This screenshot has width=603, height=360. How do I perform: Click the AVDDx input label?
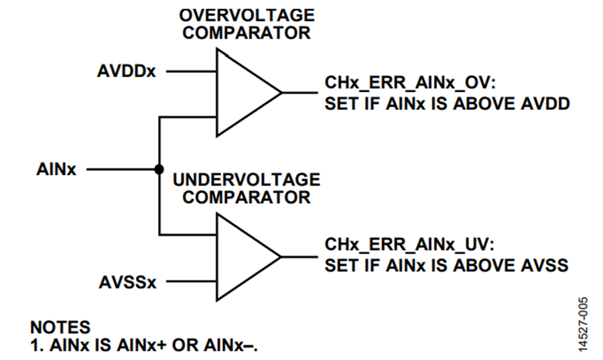127,71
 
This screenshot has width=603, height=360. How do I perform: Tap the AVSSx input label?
128,282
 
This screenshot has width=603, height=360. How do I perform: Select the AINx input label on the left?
56,169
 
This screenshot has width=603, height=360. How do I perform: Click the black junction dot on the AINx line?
159,169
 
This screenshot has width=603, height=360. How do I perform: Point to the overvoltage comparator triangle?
239,93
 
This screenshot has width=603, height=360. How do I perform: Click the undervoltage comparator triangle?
239,257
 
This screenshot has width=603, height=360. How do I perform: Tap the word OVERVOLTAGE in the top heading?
247,15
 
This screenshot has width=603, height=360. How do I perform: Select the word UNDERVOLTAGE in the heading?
247,180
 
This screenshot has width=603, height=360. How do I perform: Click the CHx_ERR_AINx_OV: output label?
409,82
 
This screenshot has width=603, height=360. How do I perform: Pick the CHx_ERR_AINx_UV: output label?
409,245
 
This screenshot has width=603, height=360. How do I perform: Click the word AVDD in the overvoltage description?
545,104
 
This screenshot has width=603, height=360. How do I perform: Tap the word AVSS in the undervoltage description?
544,265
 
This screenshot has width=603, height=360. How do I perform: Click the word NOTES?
60,327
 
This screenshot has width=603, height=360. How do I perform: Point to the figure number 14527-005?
583,324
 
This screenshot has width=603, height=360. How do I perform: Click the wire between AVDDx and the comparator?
191,71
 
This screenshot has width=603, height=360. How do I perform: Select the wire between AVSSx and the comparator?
191,282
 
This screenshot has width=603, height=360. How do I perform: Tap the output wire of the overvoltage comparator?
300,93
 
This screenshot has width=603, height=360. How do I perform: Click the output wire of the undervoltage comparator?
300,257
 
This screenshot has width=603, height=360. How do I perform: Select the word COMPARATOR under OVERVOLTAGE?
247,33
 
